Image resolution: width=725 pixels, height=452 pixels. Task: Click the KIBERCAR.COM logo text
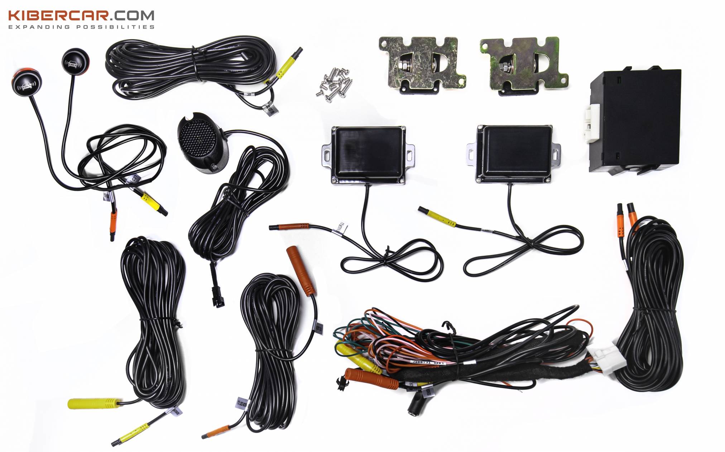point(81,15)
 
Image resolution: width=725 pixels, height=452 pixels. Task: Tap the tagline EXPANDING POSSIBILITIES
point(81,27)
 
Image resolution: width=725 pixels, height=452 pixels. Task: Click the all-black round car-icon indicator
point(76,60)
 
